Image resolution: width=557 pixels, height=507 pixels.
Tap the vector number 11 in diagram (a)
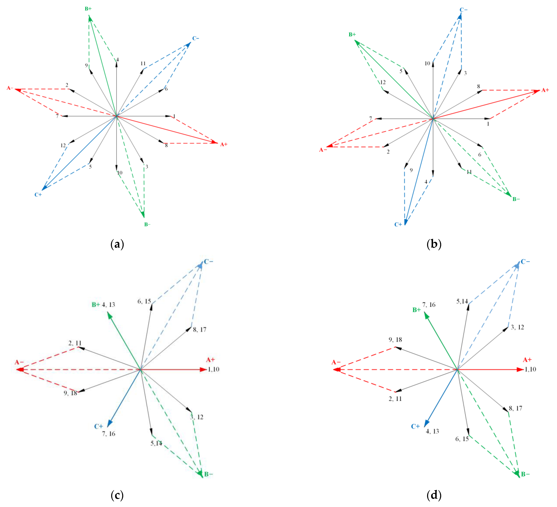point(143,64)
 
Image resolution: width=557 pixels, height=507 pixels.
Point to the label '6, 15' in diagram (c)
point(144,301)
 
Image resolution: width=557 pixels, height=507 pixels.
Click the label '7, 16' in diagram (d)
point(429,305)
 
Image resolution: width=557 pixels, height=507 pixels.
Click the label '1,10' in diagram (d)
point(530,369)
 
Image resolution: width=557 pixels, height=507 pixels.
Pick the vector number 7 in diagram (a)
point(57,116)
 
